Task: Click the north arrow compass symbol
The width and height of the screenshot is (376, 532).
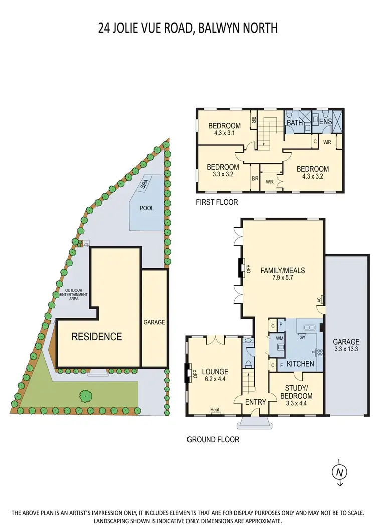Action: (x=340, y=472)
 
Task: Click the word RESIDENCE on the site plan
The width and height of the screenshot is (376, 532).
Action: (x=97, y=336)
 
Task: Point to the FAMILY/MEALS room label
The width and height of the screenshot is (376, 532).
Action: (x=282, y=270)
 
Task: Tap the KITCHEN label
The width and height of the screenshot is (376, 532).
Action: (x=301, y=364)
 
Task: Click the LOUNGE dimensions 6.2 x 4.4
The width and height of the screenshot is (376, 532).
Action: (x=215, y=379)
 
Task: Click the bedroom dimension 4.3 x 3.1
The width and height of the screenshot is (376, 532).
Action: (x=221, y=133)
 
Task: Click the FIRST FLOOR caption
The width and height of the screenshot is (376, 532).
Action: (x=217, y=202)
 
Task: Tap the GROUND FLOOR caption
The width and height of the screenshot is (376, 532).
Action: (x=213, y=440)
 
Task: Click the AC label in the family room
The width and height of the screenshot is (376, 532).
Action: (x=319, y=300)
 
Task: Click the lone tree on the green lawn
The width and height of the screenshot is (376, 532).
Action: (x=86, y=395)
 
